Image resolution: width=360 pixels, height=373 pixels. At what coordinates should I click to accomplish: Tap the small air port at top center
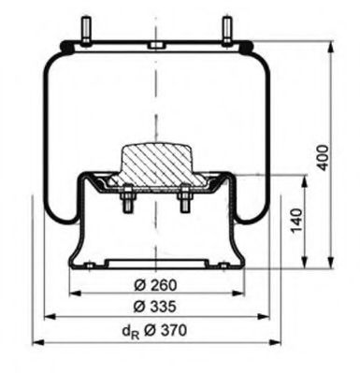click(x=151, y=44)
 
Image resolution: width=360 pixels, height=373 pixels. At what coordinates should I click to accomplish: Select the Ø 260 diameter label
click(x=155, y=284)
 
